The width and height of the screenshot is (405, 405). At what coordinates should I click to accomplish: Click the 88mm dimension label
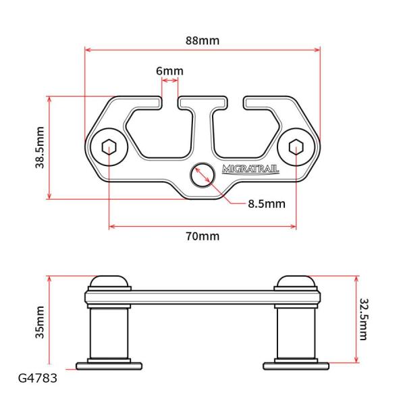[202, 40]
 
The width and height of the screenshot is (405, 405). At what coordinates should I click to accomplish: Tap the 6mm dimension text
[169, 71]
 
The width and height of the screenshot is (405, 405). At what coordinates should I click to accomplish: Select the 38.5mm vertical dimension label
[40, 147]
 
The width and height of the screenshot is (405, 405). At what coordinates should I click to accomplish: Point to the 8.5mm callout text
[266, 202]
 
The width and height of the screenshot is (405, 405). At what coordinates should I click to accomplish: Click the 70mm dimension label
[202, 236]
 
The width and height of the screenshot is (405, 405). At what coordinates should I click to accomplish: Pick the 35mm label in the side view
[40, 321]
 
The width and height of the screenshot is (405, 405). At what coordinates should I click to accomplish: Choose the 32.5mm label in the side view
[364, 319]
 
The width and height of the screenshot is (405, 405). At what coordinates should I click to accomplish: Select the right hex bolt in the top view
[296, 148]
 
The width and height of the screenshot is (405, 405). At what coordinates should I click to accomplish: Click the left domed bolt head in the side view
[108, 281]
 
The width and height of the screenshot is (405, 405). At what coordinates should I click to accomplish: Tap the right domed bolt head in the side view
[296, 281]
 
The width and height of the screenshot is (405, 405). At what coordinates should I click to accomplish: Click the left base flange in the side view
[108, 365]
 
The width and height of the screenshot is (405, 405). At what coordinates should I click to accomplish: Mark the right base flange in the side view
[296, 365]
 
